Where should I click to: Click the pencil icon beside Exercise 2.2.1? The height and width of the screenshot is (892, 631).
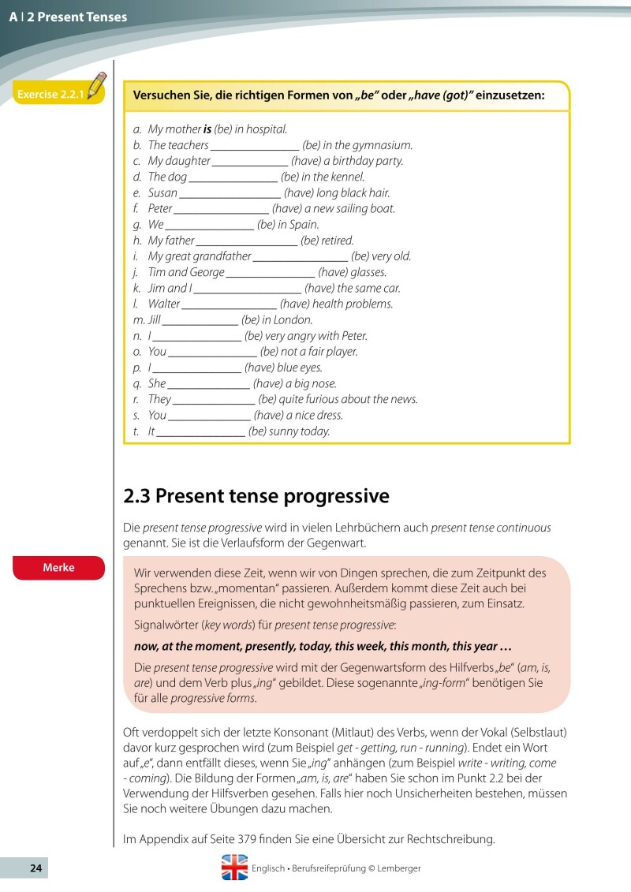pos(97,84)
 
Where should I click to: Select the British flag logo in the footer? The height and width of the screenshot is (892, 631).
pos(234,868)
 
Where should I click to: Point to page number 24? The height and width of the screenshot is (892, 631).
pos(35,868)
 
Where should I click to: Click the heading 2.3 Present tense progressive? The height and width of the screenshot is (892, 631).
pos(256,496)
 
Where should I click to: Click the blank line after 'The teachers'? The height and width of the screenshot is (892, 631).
pos(255,146)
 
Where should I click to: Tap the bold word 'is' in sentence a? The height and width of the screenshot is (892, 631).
pos(207,129)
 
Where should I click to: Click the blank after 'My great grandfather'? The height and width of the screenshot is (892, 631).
pos(301,257)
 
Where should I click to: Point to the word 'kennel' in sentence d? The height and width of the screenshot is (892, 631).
pos(348,177)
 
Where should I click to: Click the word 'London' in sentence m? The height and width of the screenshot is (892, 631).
pos(293,320)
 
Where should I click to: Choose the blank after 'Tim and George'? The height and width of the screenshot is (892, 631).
pos(271,273)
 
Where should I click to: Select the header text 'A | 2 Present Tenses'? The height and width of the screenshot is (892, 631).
pos(68,17)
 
